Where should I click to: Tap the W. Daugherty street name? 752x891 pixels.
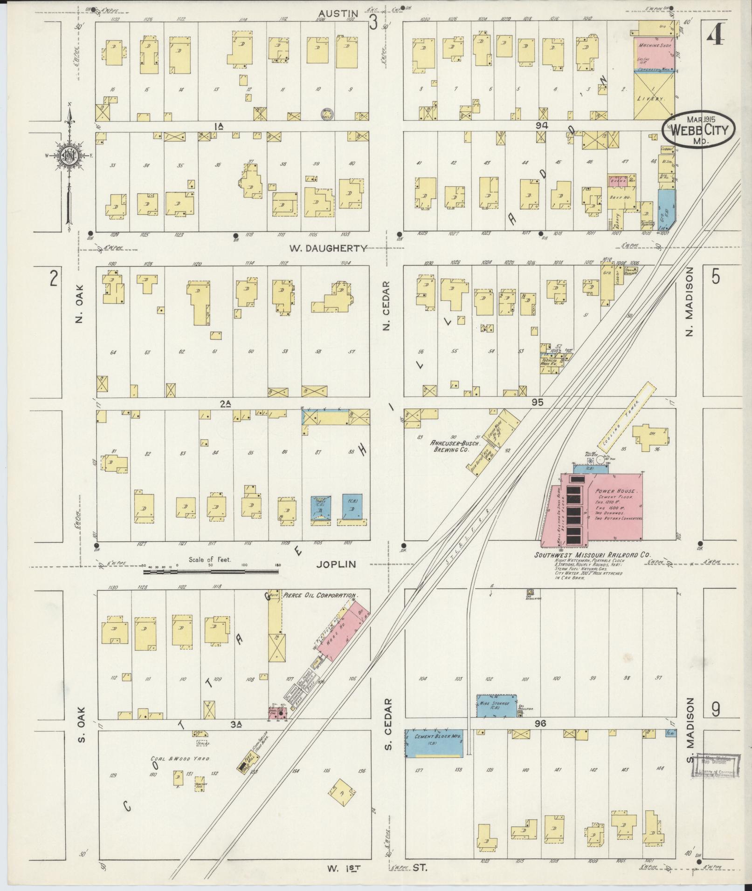(x=328, y=248)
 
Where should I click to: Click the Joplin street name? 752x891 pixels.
(x=336, y=565)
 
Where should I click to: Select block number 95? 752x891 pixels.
(x=538, y=402)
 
